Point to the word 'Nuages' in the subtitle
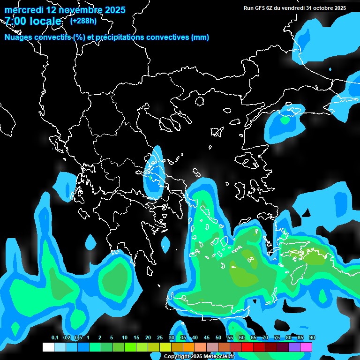[19, 37]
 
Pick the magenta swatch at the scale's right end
[306, 347]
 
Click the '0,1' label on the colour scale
[55, 338]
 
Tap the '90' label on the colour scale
[312, 338]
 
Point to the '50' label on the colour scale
[218, 338]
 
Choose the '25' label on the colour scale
[160, 338]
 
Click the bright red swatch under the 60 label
[247, 347]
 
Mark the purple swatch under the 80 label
[294, 347]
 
